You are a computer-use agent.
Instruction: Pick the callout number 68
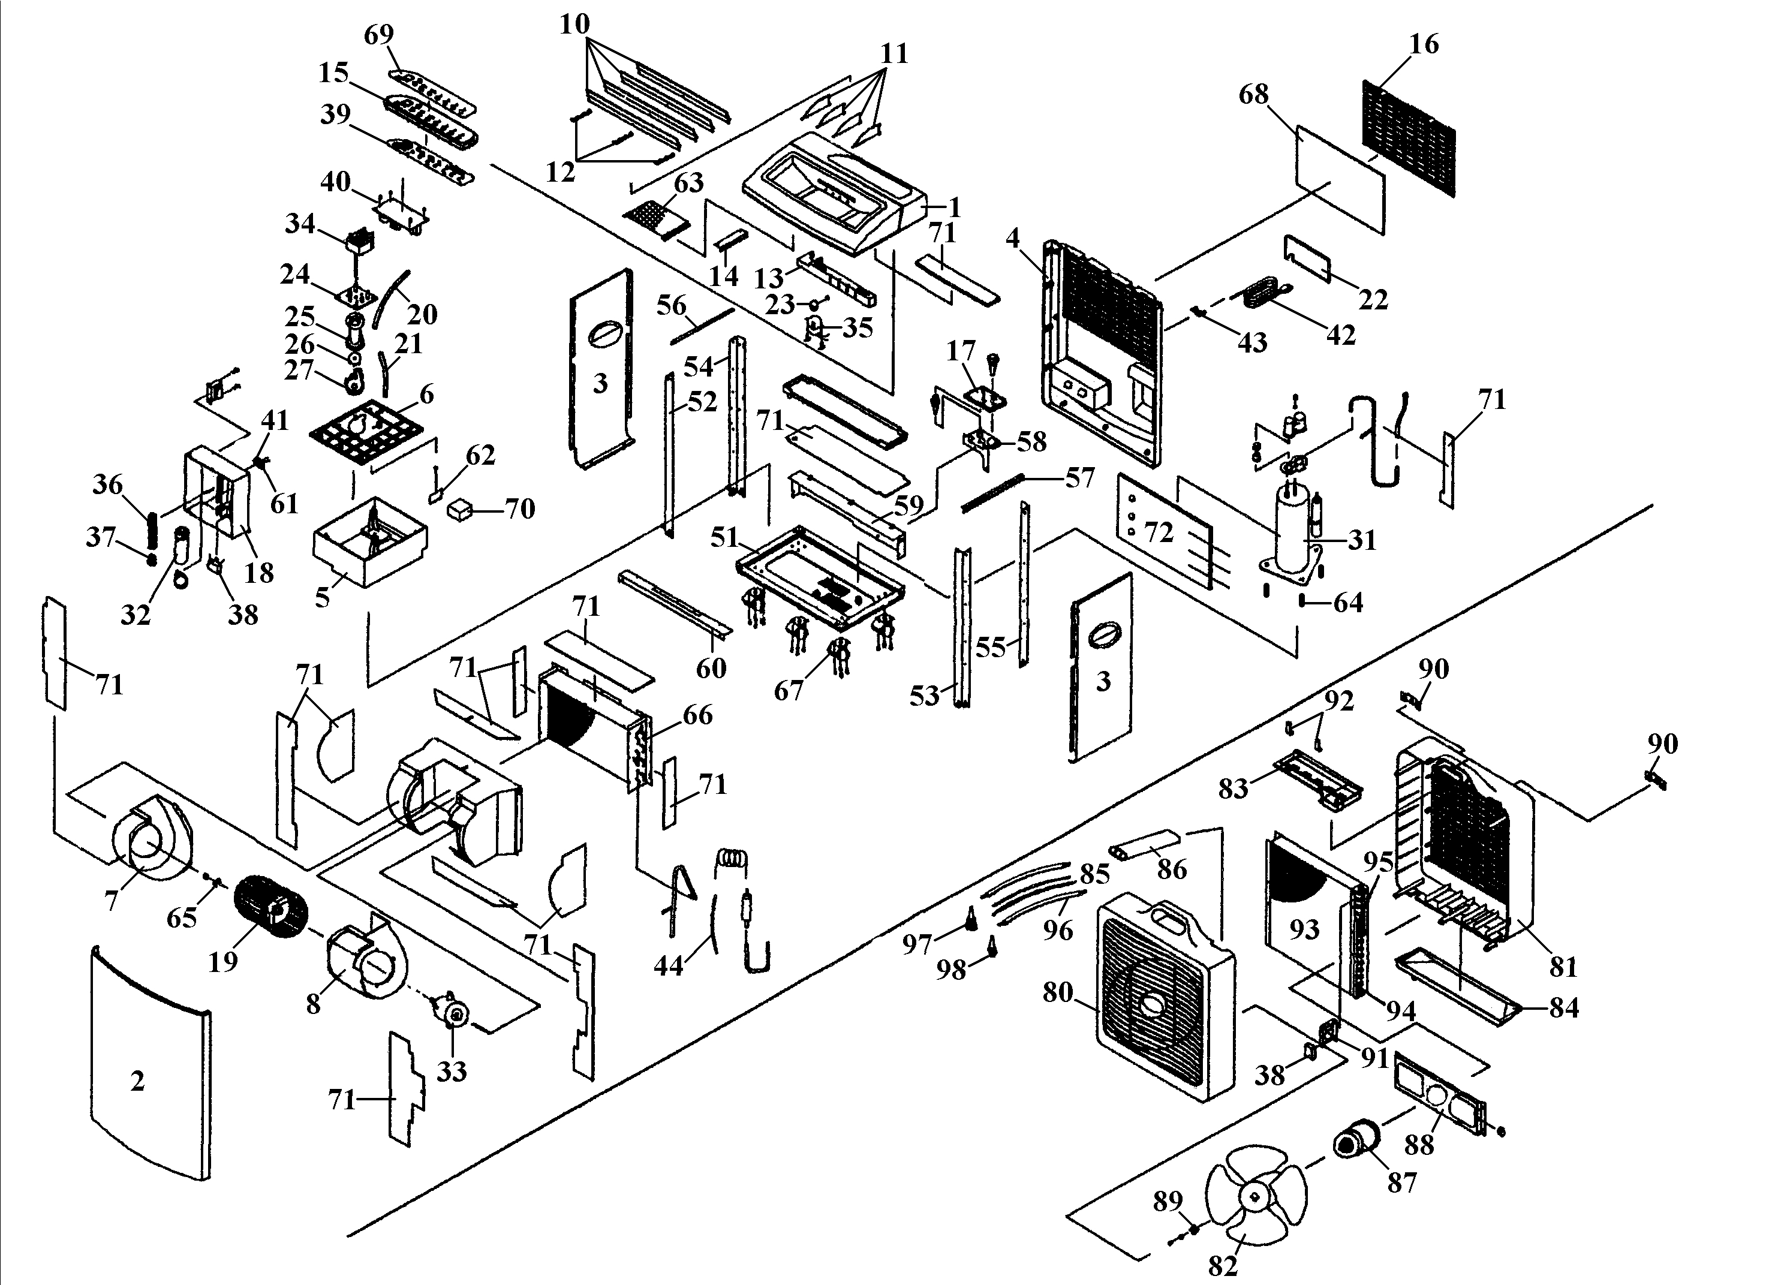click(1253, 94)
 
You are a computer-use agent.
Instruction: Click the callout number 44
click(668, 965)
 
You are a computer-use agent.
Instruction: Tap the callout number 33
click(452, 1070)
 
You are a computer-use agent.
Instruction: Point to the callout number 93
click(1304, 929)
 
